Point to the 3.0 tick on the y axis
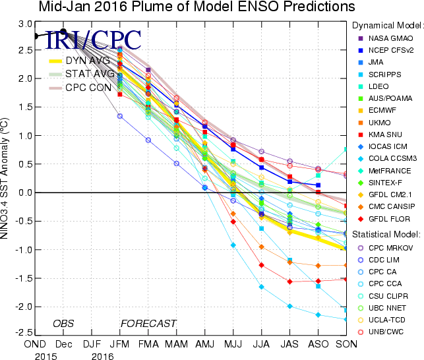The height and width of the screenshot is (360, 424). click(25, 23)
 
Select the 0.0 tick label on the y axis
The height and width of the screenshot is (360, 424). click(25, 193)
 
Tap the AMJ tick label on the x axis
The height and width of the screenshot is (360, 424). click(204, 345)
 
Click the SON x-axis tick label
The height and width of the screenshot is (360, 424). click(346, 345)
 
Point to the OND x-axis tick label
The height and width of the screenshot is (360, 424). click(35, 345)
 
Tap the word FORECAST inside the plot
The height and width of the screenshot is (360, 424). click(148, 323)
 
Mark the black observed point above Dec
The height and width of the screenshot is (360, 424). click(63, 32)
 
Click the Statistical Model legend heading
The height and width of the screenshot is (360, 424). click(386, 234)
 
